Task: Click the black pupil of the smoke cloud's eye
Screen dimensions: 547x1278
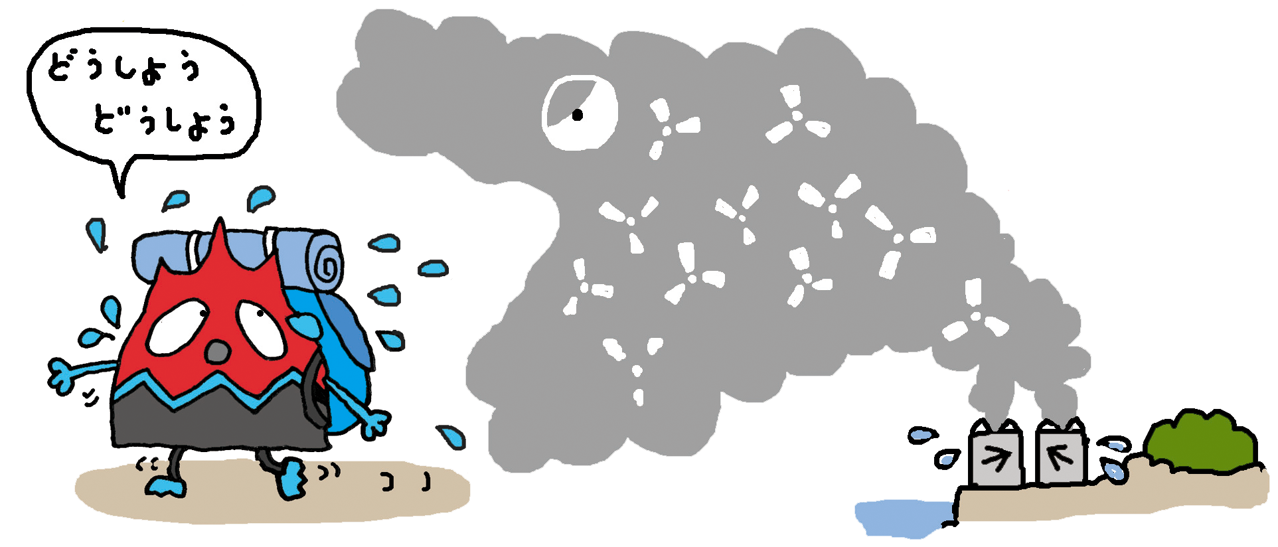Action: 578,115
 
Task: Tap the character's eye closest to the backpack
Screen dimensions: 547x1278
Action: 261,325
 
